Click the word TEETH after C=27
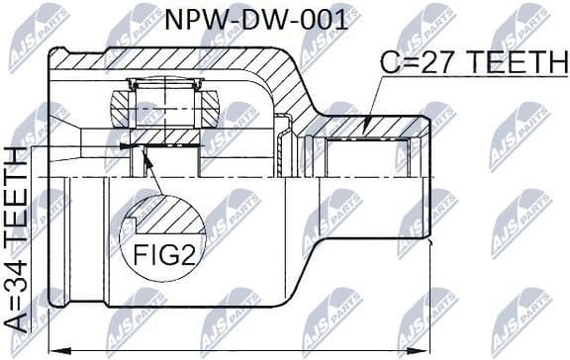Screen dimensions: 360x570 coord(511,64)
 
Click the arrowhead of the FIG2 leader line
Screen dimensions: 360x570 coord(146,152)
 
